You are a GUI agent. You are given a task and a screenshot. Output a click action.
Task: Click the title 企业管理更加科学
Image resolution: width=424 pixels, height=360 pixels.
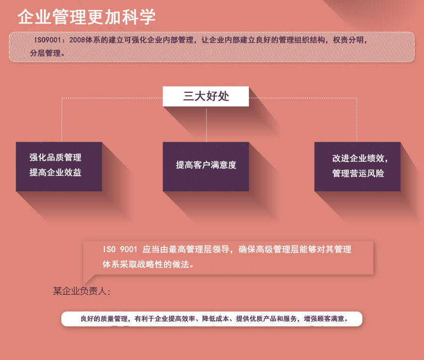(x=87, y=17)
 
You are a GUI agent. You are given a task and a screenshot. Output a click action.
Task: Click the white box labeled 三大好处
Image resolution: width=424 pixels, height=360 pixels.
(x=206, y=97)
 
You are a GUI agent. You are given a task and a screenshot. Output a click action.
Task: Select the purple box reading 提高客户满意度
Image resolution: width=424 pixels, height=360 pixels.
(x=206, y=165)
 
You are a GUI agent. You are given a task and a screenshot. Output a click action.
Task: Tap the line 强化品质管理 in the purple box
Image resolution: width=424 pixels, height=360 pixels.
(x=56, y=157)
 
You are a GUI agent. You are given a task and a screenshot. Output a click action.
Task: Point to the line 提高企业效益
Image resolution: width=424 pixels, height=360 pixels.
(x=56, y=172)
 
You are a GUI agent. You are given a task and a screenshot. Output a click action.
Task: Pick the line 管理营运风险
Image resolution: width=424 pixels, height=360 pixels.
(x=358, y=173)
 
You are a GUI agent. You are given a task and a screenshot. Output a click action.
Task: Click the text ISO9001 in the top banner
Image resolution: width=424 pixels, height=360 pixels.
(x=47, y=40)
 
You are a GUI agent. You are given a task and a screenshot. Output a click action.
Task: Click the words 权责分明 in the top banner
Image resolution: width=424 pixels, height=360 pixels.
(x=348, y=40)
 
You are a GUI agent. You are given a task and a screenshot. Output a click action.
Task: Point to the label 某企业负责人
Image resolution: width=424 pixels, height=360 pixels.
(x=82, y=291)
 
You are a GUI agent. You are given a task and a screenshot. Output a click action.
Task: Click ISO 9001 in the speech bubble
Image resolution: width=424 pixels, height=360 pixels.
(x=120, y=250)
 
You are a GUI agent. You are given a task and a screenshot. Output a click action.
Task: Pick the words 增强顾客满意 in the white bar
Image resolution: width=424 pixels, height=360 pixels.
(x=326, y=319)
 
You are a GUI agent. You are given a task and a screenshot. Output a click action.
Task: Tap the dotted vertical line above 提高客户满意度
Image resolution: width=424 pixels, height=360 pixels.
(x=207, y=124)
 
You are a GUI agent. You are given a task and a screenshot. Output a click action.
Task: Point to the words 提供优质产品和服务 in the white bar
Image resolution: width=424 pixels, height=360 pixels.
(x=267, y=319)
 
